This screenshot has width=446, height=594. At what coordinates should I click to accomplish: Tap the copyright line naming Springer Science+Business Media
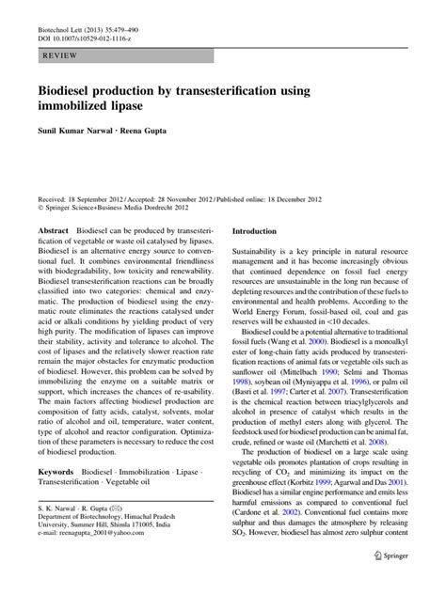(x=122, y=211)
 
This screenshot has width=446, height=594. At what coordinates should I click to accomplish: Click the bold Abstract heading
(x=53, y=231)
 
